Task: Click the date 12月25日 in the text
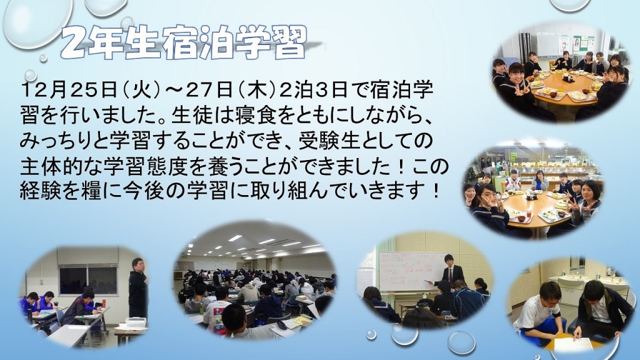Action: (x=69, y=91)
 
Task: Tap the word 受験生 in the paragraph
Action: (x=328, y=142)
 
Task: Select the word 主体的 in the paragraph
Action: (x=49, y=167)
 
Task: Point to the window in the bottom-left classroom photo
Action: (x=87, y=280)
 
